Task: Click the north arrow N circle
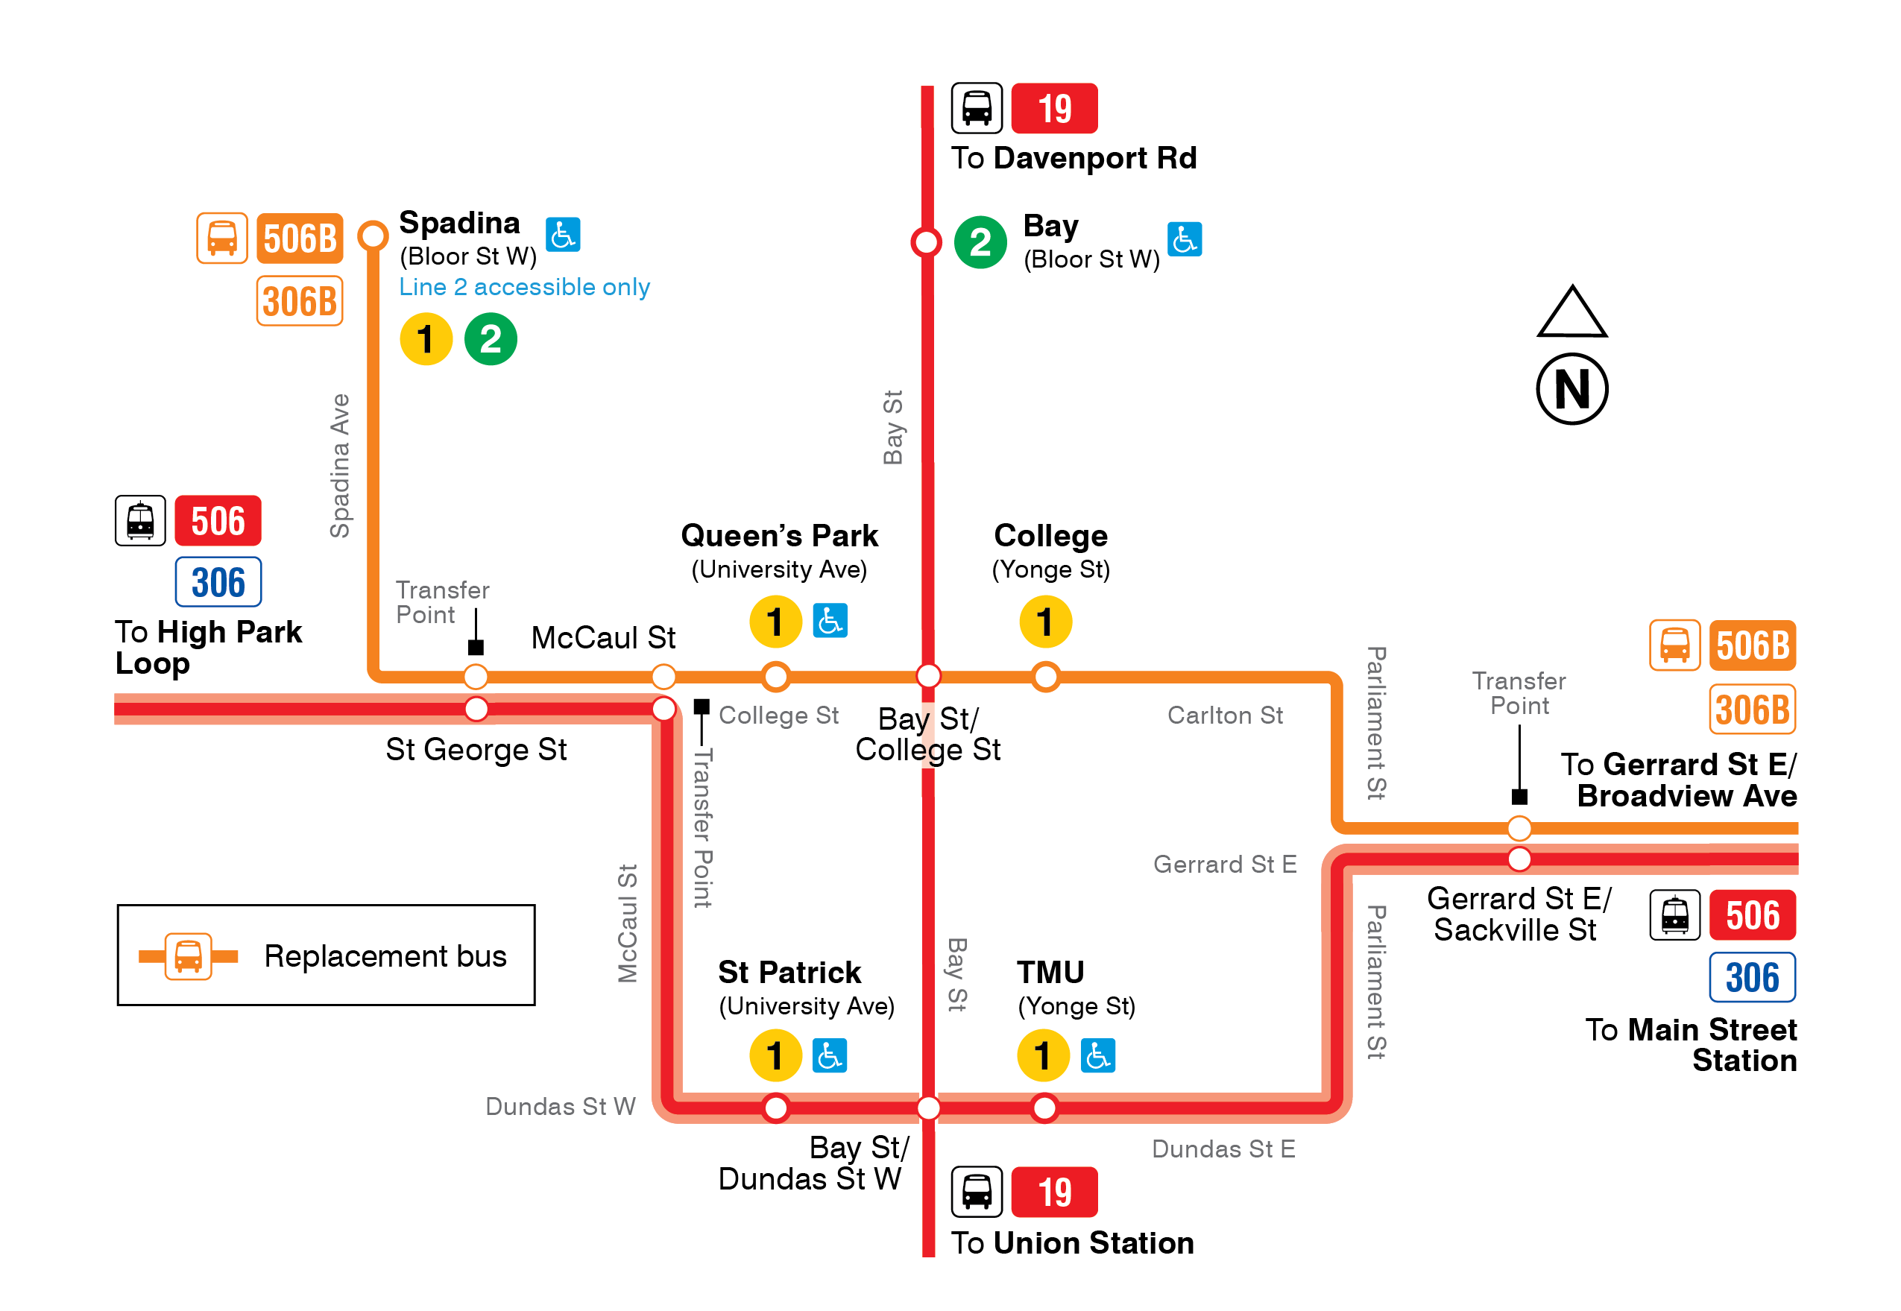[1571, 388]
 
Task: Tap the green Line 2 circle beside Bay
[980, 242]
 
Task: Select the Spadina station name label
[459, 223]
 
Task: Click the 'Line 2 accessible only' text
[524, 287]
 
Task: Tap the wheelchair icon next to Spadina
[563, 235]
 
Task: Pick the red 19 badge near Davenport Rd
[1054, 108]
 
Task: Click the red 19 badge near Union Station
[1054, 1192]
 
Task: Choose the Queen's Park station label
[779, 536]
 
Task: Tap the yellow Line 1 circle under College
[1044, 622]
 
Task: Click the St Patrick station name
[789, 972]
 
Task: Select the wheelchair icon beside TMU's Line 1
[1097, 1055]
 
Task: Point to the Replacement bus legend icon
[188, 956]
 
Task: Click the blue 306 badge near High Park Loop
[218, 582]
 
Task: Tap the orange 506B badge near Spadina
[299, 239]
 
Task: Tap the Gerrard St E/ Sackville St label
[1517, 914]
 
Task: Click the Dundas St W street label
[561, 1107]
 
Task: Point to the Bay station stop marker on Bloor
[926, 242]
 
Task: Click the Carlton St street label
[1224, 715]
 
